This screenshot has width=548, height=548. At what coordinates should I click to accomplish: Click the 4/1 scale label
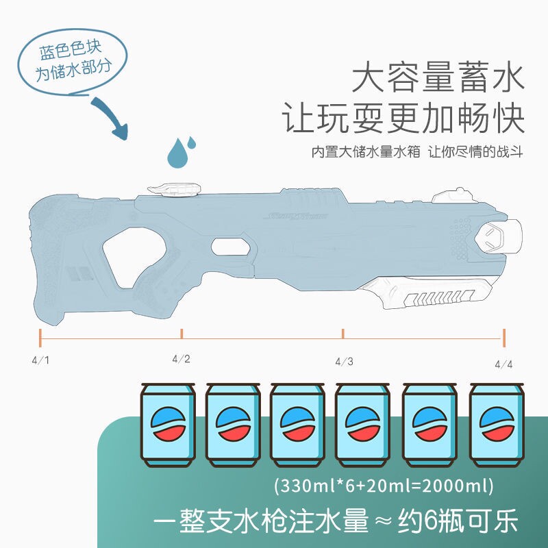click(40, 359)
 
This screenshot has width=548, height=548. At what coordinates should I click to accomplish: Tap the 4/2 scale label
click(181, 358)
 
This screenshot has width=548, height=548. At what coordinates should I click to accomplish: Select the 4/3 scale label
click(344, 361)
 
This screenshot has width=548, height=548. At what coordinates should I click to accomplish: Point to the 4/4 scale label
click(503, 363)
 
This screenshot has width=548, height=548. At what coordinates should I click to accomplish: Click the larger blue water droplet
click(179, 155)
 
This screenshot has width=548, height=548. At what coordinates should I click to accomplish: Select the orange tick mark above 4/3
click(343, 333)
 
